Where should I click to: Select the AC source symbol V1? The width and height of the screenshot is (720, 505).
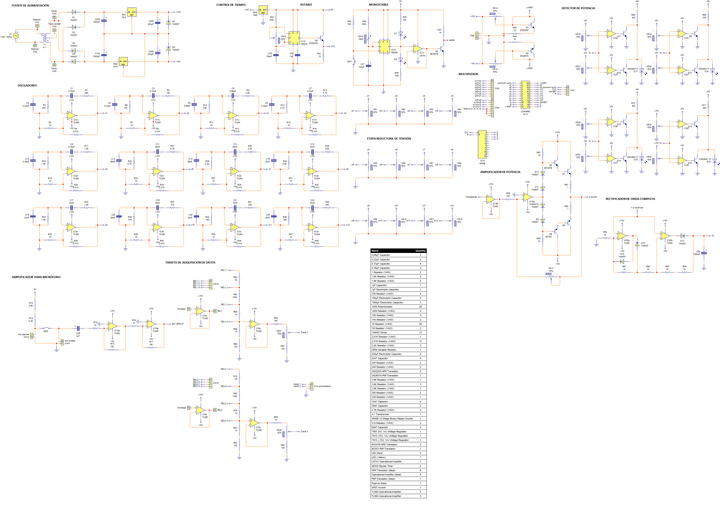tap(16, 36)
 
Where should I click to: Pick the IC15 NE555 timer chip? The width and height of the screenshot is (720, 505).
tap(294, 38)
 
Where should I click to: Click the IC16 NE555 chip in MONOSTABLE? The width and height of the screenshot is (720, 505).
tap(384, 46)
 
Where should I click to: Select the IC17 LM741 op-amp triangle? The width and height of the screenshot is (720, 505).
tap(417, 49)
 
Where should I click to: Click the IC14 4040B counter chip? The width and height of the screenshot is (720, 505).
tap(482, 144)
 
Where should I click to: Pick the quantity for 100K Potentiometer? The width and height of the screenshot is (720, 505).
tap(420, 307)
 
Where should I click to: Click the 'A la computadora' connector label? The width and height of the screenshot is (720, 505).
tap(322, 386)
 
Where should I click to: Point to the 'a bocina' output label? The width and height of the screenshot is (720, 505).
tap(593, 197)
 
